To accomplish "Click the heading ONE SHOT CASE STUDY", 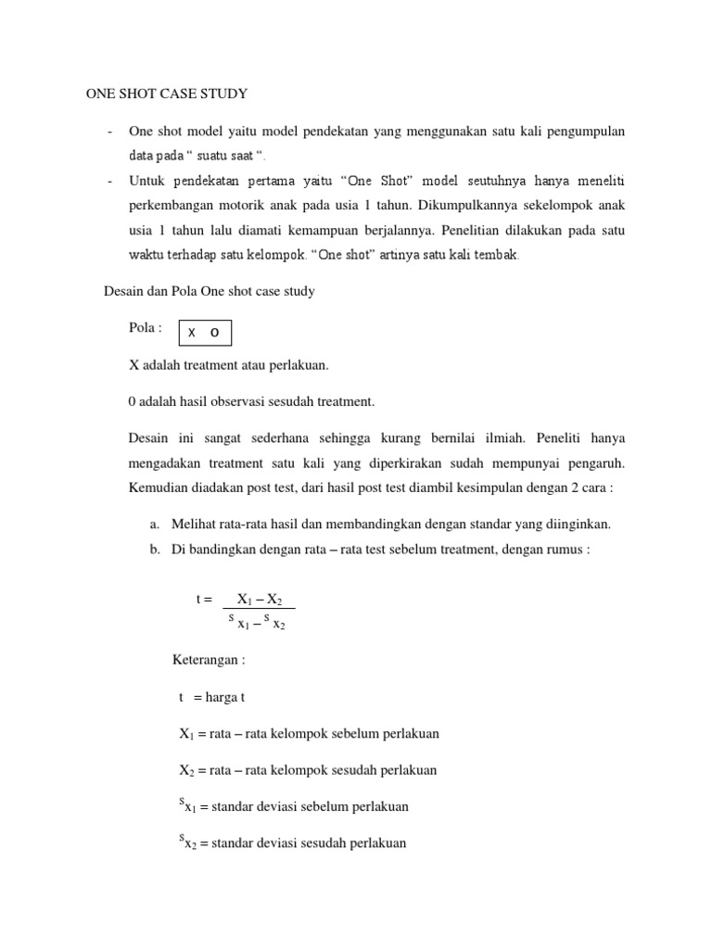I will [x=167, y=94].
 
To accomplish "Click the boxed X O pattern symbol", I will [x=204, y=332].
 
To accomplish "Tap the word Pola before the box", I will [x=146, y=328].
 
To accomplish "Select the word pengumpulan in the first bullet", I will [x=582, y=132].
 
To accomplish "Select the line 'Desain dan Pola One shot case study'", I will [x=209, y=291].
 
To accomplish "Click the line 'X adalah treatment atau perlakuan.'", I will [x=228, y=365].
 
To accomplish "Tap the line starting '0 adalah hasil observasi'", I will [x=251, y=400].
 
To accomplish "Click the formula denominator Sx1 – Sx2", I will [x=257, y=621].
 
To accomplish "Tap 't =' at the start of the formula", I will [x=204, y=599].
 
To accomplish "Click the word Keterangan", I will [x=209, y=661].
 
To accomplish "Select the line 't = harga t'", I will [x=211, y=696].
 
